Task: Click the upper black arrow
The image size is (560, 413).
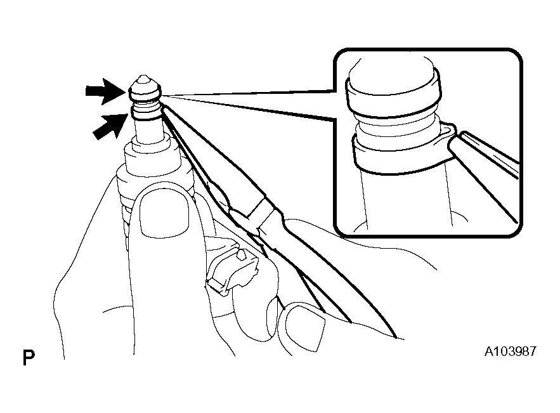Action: [x=106, y=91]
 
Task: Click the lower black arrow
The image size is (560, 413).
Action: [x=110, y=126]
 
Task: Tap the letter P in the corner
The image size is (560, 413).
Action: [x=29, y=357]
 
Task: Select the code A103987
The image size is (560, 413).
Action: [x=510, y=351]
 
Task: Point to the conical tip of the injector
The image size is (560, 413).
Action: [x=143, y=83]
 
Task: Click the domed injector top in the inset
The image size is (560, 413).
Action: [x=391, y=77]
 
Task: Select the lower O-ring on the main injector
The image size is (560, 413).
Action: [x=147, y=114]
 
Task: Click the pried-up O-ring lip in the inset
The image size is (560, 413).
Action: [x=446, y=131]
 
